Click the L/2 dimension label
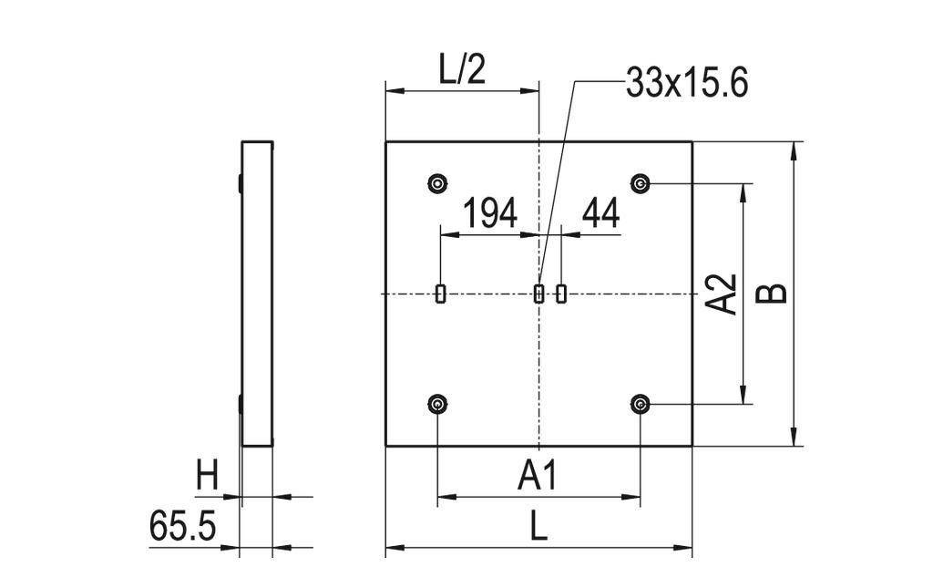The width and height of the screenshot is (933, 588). [x=462, y=71]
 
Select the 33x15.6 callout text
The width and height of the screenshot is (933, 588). [x=687, y=84]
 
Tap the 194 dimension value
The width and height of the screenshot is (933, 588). [x=490, y=213]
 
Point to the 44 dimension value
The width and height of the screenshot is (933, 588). [x=600, y=213]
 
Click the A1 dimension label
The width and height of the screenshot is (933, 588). [x=538, y=475]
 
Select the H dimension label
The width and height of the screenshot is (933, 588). [x=208, y=475]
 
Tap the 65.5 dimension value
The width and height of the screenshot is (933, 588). [x=181, y=526]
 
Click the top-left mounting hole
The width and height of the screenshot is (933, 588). [x=438, y=184]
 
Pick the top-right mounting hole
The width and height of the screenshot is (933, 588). [x=641, y=184]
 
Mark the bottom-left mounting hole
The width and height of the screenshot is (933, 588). [x=438, y=404]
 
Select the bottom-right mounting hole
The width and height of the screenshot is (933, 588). [x=641, y=404]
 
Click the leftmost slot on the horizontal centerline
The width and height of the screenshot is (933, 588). [x=441, y=294]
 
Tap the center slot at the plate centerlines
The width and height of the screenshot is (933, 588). [x=538, y=294]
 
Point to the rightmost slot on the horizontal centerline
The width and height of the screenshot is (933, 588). [x=561, y=294]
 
